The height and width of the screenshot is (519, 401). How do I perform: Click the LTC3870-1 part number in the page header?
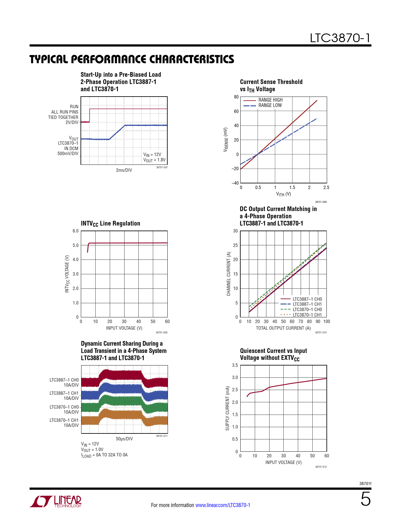(x=340, y=38)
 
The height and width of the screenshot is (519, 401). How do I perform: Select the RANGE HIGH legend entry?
(x=263, y=100)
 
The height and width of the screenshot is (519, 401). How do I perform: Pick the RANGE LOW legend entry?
(x=263, y=105)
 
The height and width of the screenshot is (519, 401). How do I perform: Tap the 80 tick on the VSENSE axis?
(x=236, y=97)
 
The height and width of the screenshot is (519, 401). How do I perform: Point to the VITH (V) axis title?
(x=283, y=194)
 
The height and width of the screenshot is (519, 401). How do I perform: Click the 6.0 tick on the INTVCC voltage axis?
(x=75, y=231)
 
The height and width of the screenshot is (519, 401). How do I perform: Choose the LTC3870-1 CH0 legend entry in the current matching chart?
(x=301, y=309)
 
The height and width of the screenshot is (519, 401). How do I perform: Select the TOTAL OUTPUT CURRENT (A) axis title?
(x=283, y=328)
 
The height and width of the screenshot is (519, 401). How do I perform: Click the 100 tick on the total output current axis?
(x=326, y=321)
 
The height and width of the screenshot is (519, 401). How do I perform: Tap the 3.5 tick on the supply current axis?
(x=235, y=365)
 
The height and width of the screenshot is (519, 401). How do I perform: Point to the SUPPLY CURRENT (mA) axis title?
(x=227, y=408)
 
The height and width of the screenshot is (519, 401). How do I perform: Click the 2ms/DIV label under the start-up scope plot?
(x=124, y=170)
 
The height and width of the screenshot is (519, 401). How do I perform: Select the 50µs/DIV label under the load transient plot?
(x=124, y=439)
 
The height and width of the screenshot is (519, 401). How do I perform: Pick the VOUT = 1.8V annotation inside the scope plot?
(x=154, y=160)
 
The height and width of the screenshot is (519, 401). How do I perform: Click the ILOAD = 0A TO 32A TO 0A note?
(x=104, y=455)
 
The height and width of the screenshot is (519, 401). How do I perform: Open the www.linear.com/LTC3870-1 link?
(x=223, y=505)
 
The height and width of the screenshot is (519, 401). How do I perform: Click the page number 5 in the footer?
(x=365, y=499)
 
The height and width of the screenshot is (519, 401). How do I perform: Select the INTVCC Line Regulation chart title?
(x=111, y=224)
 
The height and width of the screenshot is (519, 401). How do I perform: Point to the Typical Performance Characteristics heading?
(x=131, y=59)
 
